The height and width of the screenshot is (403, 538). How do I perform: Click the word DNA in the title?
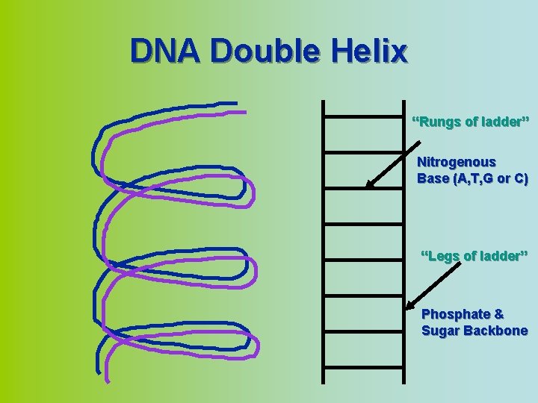click(166, 51)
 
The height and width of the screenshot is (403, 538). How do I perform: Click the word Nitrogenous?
click(456, 162)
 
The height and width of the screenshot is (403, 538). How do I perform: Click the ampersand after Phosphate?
click(498, 315)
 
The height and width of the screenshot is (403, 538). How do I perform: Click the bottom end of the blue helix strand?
click(98, 369)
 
